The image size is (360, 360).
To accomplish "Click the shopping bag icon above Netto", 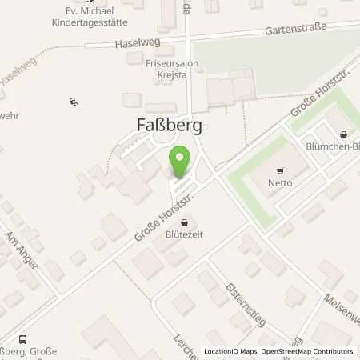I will tap(280, 170).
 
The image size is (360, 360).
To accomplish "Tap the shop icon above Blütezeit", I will tap(185, 224).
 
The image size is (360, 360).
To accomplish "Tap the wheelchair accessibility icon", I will tap(74, 102).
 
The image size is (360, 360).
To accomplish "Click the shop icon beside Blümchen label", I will tap(343, 135).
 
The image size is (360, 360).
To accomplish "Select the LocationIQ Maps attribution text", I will tap(232, 351).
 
